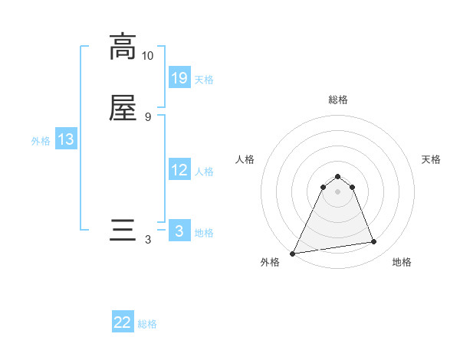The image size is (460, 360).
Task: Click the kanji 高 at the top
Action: pos(123,47)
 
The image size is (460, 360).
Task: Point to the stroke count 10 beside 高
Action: pos(147,56)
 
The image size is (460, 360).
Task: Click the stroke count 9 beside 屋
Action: pos(147,116)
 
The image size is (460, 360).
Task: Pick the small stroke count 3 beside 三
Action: pos(147,240)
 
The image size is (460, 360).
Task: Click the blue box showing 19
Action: pos(179,77)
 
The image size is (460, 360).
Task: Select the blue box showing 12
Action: pos(179,170)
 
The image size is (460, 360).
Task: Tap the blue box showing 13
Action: pos(65,139)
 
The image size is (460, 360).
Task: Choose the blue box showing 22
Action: pos(123,322)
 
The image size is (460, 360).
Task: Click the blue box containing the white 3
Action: pos(179,231)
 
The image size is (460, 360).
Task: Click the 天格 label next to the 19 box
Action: pos(204,80)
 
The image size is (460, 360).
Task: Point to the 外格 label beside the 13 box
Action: pos(40,141)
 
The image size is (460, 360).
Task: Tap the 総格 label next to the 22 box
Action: pos(147,324)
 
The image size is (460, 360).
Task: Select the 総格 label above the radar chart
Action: pos(338,100)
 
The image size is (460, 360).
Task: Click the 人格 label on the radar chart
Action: pos(245,159)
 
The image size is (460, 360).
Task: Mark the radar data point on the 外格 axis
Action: pos(293,254)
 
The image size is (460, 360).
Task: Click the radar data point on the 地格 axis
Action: pos(374,242)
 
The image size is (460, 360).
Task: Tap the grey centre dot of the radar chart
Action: pos(338,191)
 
